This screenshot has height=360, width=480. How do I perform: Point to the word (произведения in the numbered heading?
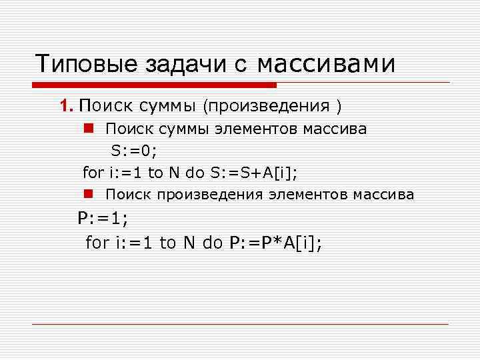[267, 106]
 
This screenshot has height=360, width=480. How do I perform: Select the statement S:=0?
[134, 151]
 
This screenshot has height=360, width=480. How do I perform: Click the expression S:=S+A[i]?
[254, 173]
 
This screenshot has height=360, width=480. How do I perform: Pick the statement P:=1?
[103, 218]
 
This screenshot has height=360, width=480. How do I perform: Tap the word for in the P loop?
[97, 243]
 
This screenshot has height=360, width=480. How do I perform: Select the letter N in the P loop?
[189, 243]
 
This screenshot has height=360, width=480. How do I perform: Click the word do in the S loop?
[195, 173]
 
